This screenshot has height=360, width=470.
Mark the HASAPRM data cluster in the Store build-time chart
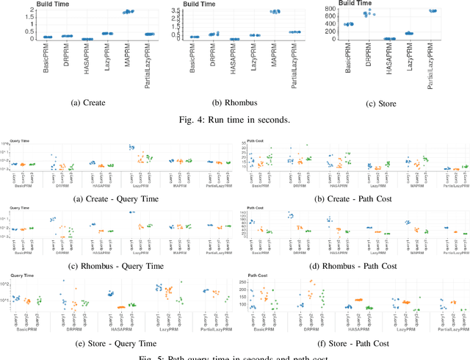[389, 38]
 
